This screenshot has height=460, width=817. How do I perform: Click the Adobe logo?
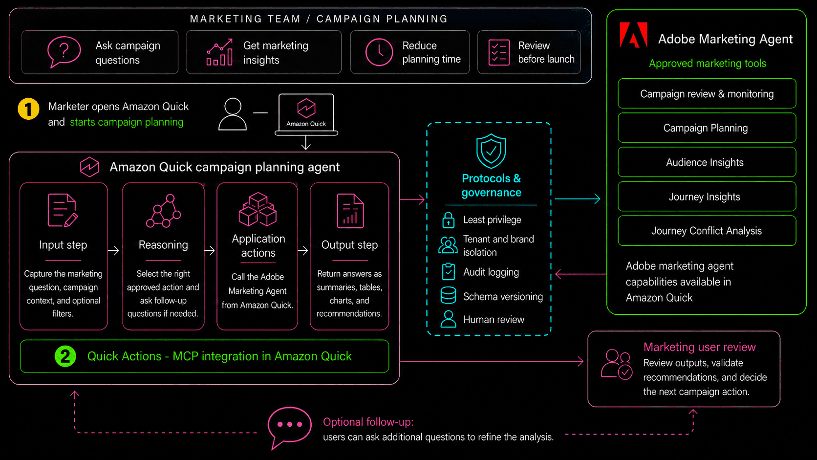(x=634, y=35)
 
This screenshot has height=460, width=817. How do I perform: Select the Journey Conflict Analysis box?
(x=707, y=231)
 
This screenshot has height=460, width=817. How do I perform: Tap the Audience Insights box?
(x=707, y=162)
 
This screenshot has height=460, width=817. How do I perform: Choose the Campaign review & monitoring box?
(x=707, y=94)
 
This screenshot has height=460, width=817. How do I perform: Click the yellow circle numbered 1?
(x=28, y=109)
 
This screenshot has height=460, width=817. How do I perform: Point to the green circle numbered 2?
(x=65, y=356)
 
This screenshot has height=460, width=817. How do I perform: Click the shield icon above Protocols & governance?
(x=491, y=151)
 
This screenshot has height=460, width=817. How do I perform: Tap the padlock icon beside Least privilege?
(x=448, y=220)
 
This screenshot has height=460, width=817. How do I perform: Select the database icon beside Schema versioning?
(x=448, y=295)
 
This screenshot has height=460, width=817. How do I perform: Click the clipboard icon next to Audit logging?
(x=448, y=272)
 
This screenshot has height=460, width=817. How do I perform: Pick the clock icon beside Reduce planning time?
(x=379, y=52)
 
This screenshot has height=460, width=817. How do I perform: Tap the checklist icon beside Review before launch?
(x=499, y=52)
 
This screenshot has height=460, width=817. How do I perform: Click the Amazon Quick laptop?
(x=306, y=114)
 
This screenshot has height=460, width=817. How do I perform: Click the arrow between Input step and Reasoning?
(x=113, y=251)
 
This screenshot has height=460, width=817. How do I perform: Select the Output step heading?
(x=349, y=245)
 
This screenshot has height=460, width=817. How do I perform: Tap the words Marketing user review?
(x=700, y=347)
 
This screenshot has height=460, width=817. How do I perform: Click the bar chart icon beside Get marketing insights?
(x=219, y=52)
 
